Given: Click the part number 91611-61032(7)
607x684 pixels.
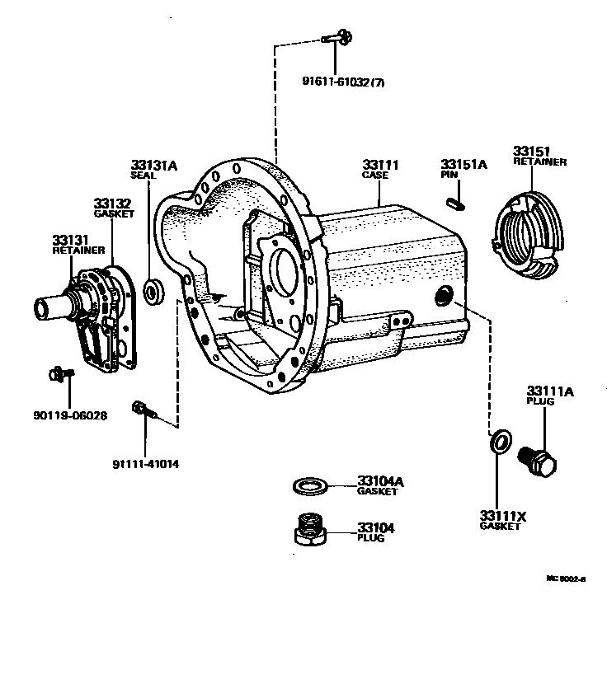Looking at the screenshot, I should tap(342, 81).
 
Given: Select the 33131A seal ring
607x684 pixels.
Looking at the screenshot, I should tap(153, 289).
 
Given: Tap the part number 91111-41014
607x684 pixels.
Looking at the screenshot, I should tap(145, 463).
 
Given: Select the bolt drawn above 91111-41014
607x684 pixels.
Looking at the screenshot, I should tap(142, 409).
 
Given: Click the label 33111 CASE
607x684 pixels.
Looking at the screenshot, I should tap(379, 170).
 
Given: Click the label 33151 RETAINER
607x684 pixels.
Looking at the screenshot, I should tap(539, 156).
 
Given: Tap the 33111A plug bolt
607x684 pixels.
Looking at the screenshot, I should tap(537, 462).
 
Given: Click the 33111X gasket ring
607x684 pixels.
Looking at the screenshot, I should tap(498, 443).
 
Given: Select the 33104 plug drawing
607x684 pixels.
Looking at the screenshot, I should tap(311, 529).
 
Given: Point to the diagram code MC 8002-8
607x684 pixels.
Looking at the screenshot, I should tap(565, 579).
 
